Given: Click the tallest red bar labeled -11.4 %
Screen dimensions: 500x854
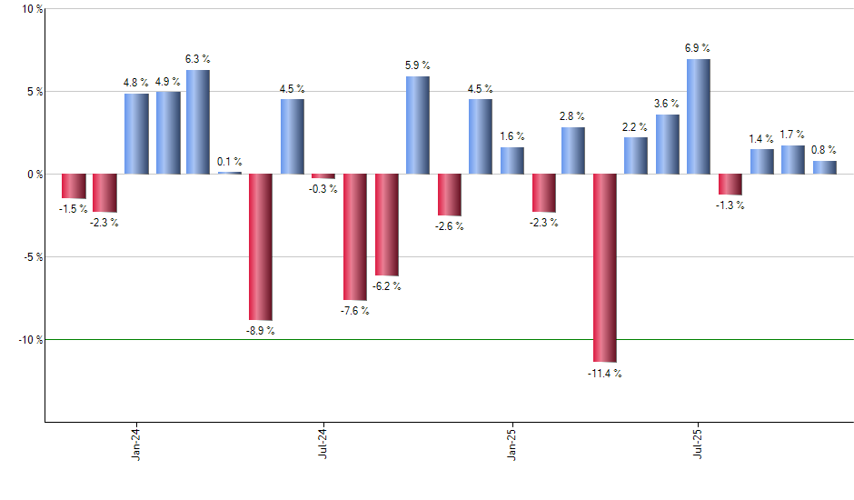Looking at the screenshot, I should click(x=604, y=268).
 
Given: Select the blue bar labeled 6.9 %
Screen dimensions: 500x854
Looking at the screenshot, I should click(x=699, y=116).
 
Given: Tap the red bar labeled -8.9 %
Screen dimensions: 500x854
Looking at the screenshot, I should click(x=261, y=247).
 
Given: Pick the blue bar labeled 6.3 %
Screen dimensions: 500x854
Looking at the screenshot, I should click(x=198, y=122).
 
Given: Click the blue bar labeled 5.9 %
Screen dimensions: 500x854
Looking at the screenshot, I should click(x=417, y=125).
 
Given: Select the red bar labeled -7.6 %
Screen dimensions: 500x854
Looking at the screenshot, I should click(x=354, y=236).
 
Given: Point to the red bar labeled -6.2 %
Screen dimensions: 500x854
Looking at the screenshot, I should click(x=386, y=225).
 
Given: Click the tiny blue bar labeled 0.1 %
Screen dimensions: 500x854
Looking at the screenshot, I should click(x=229, y=173).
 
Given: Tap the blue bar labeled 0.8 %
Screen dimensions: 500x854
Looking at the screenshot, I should click(x=824, y=167).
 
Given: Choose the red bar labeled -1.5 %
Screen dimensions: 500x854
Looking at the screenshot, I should click(x=74, y=185).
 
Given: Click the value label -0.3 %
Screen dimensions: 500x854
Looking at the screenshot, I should click(x=323, y=189).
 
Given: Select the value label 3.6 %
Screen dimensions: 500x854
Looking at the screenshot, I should click(x=668, y=104).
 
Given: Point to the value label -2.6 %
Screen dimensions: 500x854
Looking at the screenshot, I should click(x=448, y=226).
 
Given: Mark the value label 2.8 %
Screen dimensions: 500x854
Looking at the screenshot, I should click(x=573, y=116).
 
